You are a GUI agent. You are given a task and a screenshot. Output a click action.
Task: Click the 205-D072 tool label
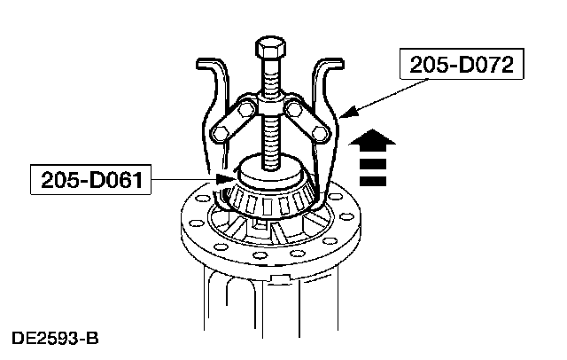coord(462,65)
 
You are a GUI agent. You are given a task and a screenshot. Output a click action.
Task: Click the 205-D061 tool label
coord(91,180)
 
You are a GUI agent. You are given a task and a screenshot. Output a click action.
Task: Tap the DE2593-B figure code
coord(55,339)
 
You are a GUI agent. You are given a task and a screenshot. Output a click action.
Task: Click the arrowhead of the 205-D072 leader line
coord(346,112)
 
